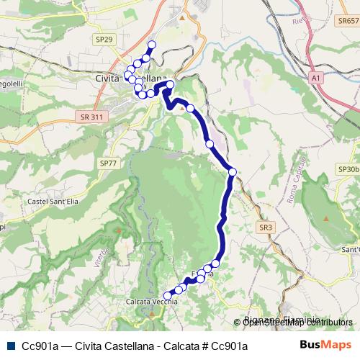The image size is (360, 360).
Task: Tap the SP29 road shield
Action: point(104,39)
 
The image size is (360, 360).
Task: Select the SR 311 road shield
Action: point(91,117)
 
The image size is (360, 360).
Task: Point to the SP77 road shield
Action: point(108,163)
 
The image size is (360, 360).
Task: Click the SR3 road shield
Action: point(266,227)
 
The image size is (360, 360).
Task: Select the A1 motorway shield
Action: point(315,76)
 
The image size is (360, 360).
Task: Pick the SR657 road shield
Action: point(347,22)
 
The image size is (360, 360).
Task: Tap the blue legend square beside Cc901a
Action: point(10,346)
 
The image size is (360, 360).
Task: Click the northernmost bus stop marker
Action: point(152,45)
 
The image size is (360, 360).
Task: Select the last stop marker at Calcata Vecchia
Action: point(167,295)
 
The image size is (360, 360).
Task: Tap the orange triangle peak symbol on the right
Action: point(327,217)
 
